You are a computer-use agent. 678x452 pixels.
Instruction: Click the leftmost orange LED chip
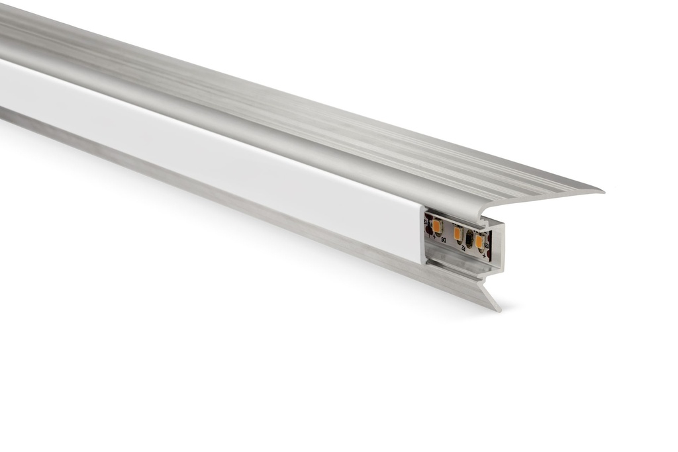click(437, 226)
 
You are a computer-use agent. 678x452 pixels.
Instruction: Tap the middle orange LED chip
click(458, 234)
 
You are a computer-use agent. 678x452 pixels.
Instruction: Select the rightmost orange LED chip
click(479, 242)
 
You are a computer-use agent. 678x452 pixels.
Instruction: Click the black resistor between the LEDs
click(469, 239)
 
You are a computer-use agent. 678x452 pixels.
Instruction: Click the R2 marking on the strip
click(463, 248)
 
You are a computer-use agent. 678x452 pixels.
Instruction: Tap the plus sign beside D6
click(434, 236)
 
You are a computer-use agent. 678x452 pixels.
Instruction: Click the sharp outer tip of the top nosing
click(602, 192)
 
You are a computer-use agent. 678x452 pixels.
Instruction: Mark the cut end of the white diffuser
click(422, 235)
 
